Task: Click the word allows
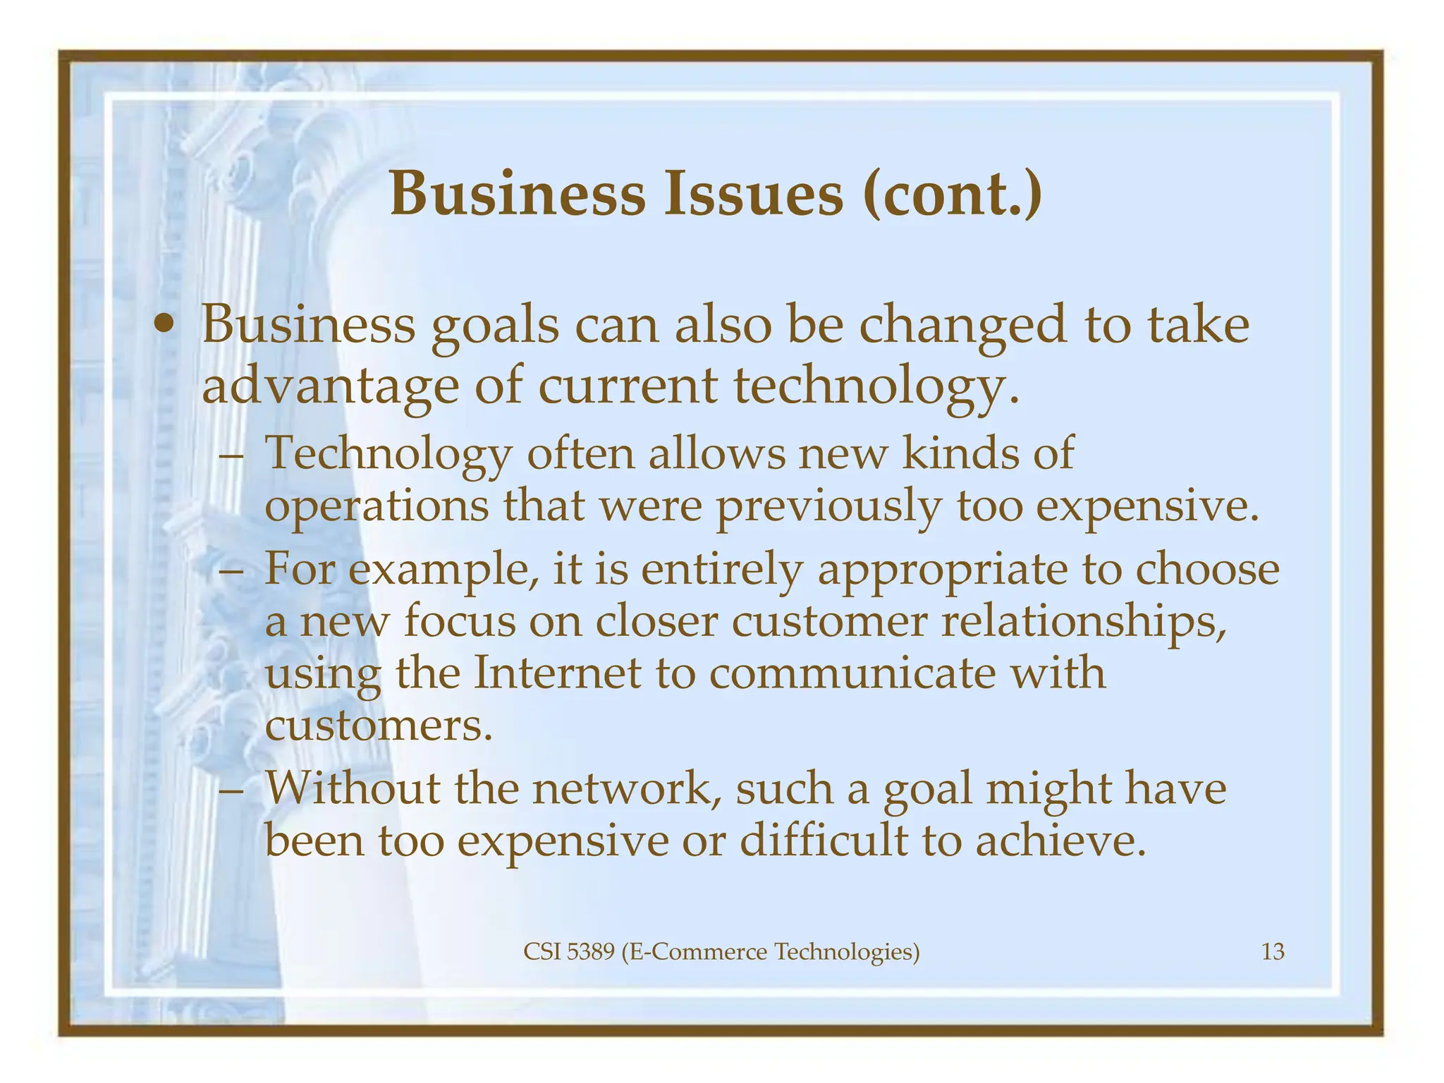click(716, 453)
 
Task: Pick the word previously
click(829, 506)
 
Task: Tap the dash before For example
click(232, 570)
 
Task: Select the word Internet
click(557, 673)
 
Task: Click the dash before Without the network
click(232, 789)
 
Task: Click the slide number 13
click(1273, 953)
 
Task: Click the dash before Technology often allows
click(232, 453)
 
